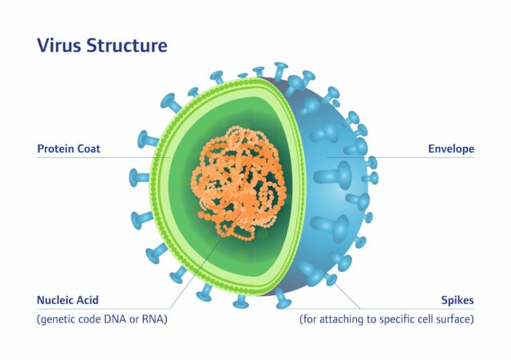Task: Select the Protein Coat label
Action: pyautogui.click(x=69, y=148)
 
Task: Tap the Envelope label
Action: pyautogui.click(x=451, y=148)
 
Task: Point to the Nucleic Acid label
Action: pyautogui.click(x=69, y=301)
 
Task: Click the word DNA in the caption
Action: pyautogui.click(x=122, y=319)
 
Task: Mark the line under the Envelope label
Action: pyautogui.click(x=415, y=157)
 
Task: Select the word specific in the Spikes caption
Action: pyautogui.click(x=391, y=319)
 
